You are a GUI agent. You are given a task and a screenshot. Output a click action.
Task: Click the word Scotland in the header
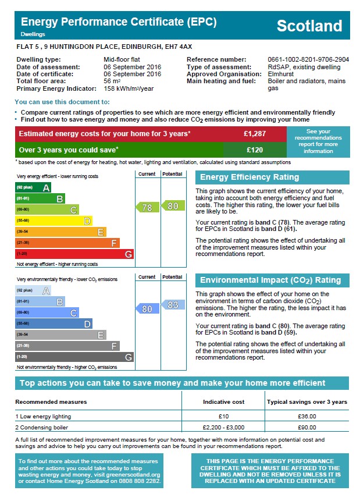coord(309,26)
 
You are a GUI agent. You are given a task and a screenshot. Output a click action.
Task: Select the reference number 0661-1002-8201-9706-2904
coord(308,59)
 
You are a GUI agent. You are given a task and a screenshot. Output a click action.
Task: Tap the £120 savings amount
coord(255,150)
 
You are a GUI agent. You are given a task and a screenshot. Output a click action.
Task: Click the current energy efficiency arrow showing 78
coord(147,207)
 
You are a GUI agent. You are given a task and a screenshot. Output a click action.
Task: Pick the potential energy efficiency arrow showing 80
coord(173,205)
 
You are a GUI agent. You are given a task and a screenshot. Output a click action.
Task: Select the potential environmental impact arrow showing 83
coord(173,304)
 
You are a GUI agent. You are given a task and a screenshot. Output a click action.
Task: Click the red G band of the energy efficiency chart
coord(74,254)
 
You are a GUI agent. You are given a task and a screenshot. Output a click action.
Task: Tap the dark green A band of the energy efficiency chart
coord(33,187)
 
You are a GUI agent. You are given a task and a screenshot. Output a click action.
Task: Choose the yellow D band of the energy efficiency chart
coord(54,221)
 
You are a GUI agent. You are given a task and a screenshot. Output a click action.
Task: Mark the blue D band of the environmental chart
coord(54,324)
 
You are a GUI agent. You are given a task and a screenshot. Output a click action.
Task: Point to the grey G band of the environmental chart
coord(74,357)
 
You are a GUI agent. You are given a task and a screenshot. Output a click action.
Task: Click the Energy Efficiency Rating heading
coord(249,177)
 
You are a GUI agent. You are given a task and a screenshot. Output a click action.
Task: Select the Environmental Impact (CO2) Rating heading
coord(270,280)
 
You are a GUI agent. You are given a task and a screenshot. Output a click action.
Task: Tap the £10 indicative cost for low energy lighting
coord(223,416)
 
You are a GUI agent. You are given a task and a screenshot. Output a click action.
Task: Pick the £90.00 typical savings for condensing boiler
coord(306,428)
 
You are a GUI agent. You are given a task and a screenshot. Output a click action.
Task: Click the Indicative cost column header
coord(223,402)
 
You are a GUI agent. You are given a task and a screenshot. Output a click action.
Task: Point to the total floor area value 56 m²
coord(112,81)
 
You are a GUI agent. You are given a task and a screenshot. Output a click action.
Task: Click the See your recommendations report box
coord(318,141)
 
